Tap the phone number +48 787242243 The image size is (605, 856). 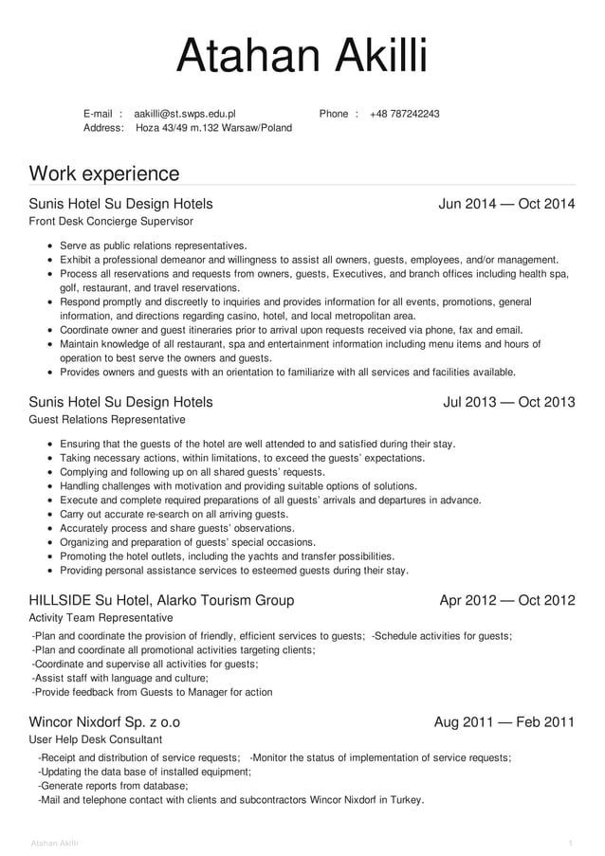coord(404,114)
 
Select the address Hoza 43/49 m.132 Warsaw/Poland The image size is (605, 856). coord(214,128)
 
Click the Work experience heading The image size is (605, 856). coord(104,173)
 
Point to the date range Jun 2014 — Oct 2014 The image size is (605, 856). coord(506,204)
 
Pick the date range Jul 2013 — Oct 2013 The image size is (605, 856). coord(508,402)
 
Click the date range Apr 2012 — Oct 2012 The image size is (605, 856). coord(506,600)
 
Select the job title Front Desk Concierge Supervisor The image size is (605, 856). coord(111,221)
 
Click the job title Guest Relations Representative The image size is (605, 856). coord(107,419)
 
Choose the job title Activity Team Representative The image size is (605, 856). coord(101,617)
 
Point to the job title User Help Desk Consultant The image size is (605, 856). coord(96,739)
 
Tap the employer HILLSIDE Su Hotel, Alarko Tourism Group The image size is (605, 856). coord(161,600)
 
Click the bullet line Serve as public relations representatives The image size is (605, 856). coord(153,245)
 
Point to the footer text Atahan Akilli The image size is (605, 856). coord(55,843)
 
